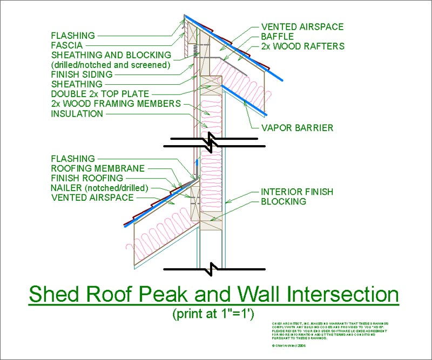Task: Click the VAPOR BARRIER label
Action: [297, 128]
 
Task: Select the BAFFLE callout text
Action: [278, 37]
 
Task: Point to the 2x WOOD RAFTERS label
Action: [303, 46]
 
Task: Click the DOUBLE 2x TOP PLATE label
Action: [100, 94]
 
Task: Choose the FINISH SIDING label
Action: [82, 74]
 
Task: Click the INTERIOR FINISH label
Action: [297, 192]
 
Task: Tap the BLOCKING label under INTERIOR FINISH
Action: [283, 201]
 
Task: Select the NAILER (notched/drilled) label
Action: [99, 188]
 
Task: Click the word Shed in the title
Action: [59, 295]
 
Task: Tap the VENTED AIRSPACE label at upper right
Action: [302, 26]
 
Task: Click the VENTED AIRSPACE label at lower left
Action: [92, 198]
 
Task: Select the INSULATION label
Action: [77, 114]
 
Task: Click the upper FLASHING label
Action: [73, 36]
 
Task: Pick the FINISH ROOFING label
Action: [87, 178]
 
